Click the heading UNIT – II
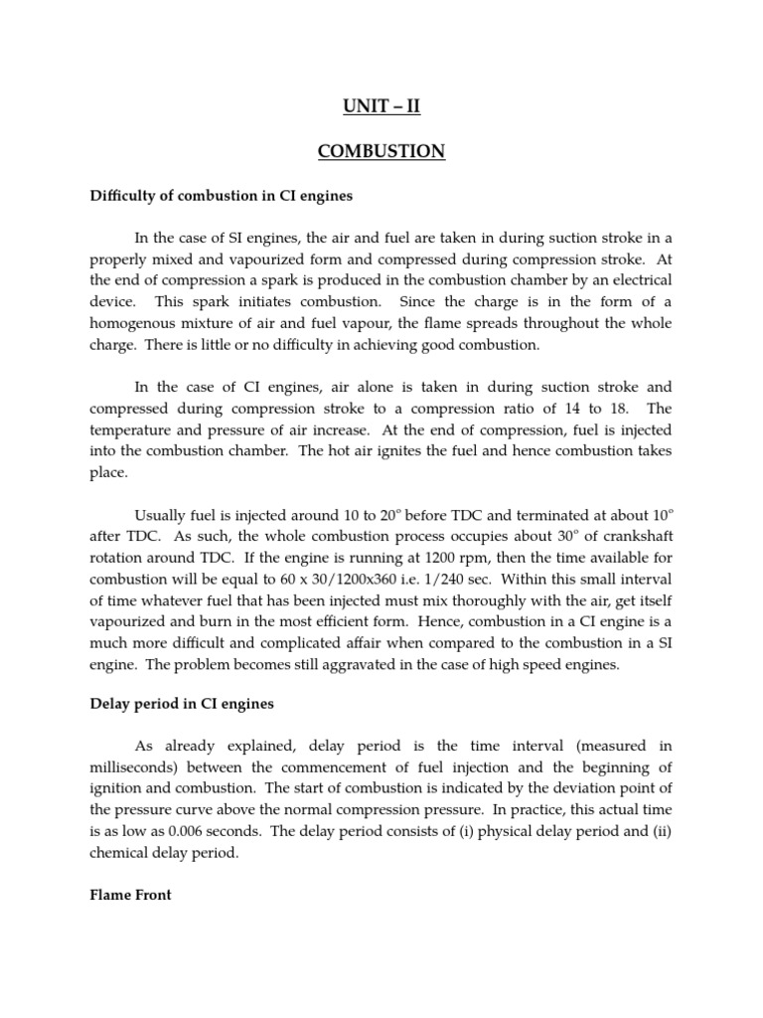(381, 106)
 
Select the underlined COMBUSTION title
(381, 152)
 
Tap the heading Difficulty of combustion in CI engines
(221, 197)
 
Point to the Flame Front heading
(130, 895)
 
